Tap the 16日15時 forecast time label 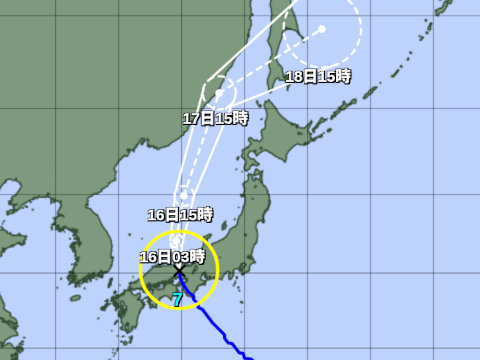[x=180, y=214]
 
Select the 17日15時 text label [x=215, y=118]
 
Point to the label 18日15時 [x=318, y=77]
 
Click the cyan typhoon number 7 [x=177, y=299]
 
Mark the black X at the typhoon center [x=180, y=270]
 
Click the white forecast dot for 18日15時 [x=322, y=29]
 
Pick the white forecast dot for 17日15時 [x=218, y=92]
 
